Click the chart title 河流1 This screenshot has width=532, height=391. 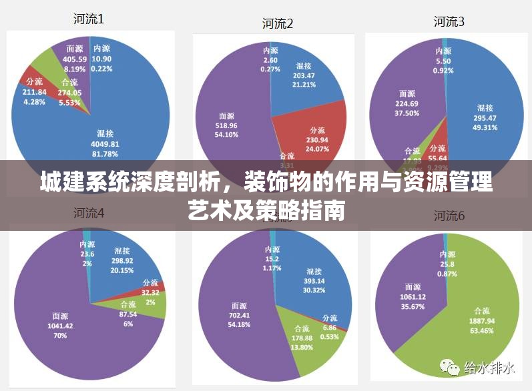coord(89,19)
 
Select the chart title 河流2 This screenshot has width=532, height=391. coord(278,24)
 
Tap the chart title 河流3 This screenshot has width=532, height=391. coord(449,21)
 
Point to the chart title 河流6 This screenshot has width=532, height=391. coord(449,216)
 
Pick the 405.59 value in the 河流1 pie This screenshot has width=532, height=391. coord(74,59)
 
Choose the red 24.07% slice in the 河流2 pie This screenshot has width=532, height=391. coord(314,133)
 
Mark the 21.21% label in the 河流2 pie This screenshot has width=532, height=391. coord(304,85)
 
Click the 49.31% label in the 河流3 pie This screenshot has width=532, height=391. coord(485,127)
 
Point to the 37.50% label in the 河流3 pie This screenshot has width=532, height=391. coord(407,113)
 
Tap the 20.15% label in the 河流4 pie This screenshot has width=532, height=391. coord(121,270)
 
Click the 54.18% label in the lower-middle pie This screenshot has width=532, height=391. coord(238,324)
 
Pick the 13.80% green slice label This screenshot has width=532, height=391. coord(301,348)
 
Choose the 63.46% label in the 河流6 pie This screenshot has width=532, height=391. coord(485,329)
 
